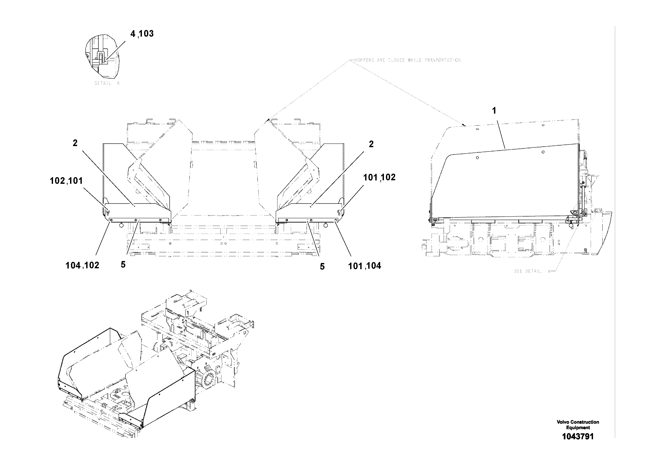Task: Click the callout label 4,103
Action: click(x=142, y=34)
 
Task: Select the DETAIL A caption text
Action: click(x=107, y=83)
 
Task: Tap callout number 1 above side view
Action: click(x=494, y=111)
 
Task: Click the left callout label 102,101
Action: click(x=66, y=181)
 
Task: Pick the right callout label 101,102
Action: click(x=379, y=178)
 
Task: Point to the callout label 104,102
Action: click(x=82, y=265)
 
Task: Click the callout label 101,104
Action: click(x=364, y=266)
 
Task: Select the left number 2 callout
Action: click(x=75, y=143)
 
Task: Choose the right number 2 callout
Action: click(x=371, y=144)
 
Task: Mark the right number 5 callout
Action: click(x=322, y=267)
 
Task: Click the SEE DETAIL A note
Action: click(x=532, y=271)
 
